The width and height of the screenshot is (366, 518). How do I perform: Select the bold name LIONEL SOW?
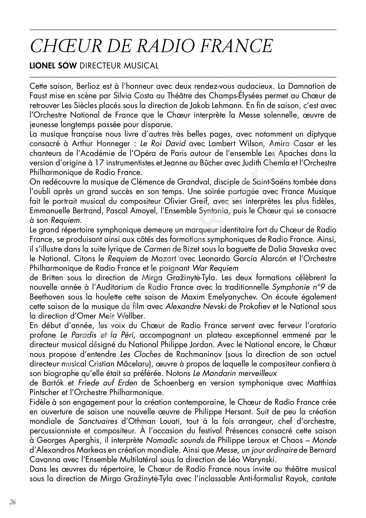click(53, 66)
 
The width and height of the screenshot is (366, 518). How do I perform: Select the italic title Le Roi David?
click(163, 144)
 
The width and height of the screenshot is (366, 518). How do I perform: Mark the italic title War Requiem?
click(215, 268)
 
